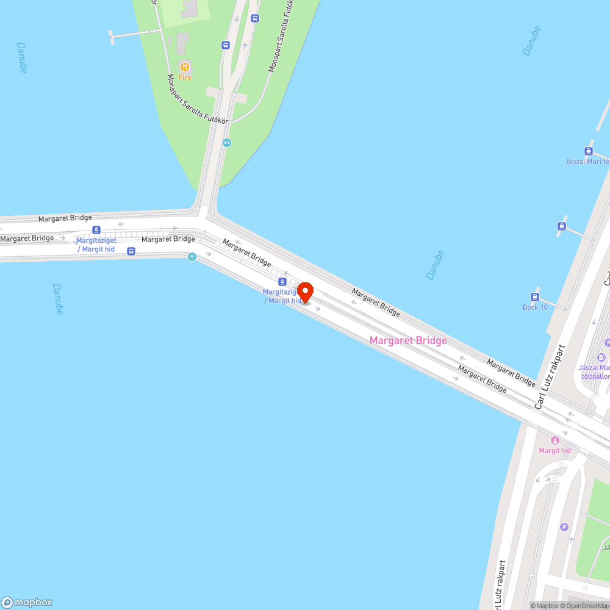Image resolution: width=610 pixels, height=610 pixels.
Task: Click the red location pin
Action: coord(305,292)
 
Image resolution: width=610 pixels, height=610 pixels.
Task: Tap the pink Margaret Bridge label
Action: coord(408,340)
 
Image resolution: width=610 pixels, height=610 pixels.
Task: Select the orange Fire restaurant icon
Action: coord(184,66)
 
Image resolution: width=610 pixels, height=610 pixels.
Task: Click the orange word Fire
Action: coord(185,77)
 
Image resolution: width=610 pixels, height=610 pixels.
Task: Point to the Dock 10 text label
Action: coord(535,307)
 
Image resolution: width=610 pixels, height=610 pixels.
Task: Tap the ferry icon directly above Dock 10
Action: coord(535,297)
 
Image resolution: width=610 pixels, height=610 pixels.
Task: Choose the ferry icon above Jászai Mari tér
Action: coord(588,151)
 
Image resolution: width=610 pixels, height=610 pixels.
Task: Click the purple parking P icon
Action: coord(564,527)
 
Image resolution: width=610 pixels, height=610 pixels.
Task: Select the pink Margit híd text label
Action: coord(554,451)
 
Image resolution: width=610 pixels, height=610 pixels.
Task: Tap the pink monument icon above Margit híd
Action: coord(554,440)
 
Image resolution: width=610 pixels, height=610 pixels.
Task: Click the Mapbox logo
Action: coord(27,602)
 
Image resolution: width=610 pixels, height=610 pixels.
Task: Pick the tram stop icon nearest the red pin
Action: coord(282,281)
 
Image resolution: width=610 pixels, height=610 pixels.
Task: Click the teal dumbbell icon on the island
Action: coord(227,143)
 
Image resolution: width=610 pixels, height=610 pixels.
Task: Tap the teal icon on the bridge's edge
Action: coord(192,257)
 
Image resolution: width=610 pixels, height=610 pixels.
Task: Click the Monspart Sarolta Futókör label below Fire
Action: coord(198,101)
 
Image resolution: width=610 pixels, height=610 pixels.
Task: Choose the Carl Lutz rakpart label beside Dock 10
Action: coord(550,377)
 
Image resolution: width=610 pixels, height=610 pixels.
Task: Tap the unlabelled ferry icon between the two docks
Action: coord(561,226)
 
